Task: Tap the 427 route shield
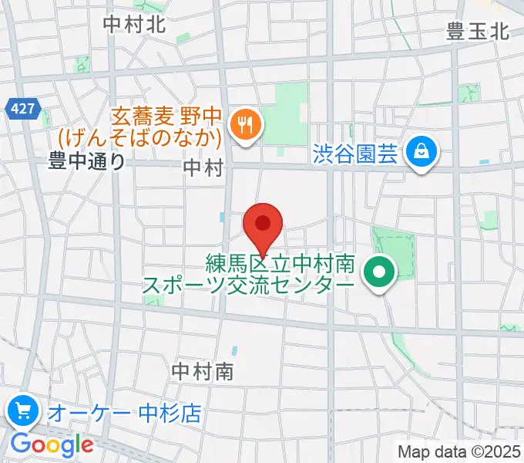tap(23, 109)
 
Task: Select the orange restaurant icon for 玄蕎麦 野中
tap(246, 125)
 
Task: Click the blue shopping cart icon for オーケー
tap(23, 411)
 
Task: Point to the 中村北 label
tap(134, 24)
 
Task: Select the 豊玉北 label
tap(478, 32)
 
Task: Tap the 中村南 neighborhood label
tap(203, 372)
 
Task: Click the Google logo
tap(52, 444)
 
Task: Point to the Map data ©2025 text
tap(459, 451)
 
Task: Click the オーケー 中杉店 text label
tap(124, 413)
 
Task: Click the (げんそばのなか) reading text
tap(139, 137)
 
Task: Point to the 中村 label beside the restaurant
tap(203, 166)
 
